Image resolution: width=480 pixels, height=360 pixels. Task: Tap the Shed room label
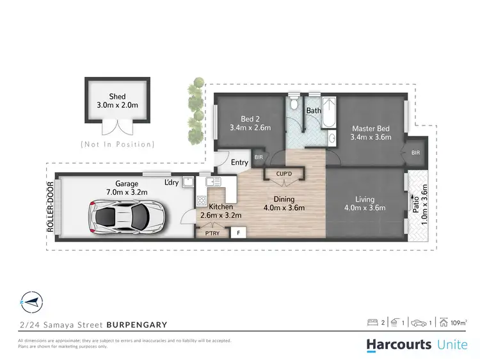(117, 96)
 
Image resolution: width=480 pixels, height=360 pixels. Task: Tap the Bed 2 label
(249, 119)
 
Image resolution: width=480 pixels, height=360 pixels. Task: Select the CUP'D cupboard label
(284, 173)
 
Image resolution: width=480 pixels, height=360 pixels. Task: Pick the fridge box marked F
(239, 233)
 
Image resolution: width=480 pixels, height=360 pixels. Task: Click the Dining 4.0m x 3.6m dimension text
(284, 208)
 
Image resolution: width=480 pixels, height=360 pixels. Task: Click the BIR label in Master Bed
(415, 153)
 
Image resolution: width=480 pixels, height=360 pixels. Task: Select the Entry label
(239, 163)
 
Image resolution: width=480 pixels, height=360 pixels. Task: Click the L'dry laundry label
(172, 183)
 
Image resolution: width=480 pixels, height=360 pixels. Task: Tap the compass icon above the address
(29, 300)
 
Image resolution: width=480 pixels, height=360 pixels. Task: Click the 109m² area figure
(459, 322)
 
